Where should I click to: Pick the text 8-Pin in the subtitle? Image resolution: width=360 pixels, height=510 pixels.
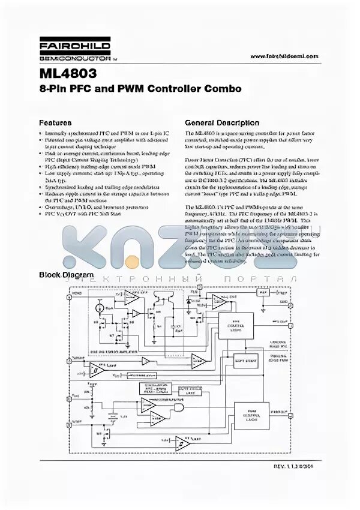[53, 89]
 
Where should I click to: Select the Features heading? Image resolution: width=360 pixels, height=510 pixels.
[56, 121]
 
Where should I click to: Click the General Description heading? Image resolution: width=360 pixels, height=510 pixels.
[221, 121]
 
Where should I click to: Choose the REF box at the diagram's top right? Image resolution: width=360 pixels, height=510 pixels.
[262, 293]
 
